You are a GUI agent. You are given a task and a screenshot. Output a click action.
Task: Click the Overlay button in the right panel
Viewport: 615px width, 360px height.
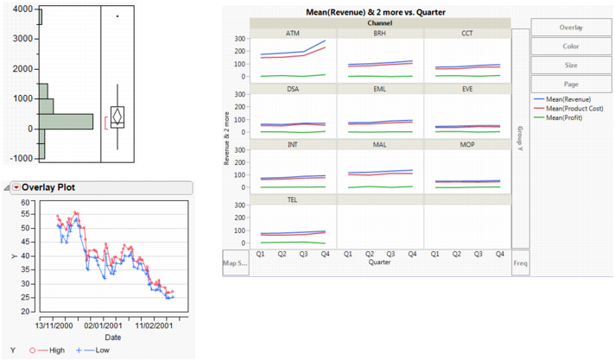click(x=571, y=27)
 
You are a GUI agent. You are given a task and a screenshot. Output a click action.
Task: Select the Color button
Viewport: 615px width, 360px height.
click(x=571, y=46)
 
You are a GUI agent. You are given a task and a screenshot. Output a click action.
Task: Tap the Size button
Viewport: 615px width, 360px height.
click(x=571, y=65)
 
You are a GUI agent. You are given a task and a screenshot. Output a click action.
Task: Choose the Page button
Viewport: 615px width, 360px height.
click(x=571, y=84)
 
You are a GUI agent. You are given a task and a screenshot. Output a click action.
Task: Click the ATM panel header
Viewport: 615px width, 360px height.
click(x=293, y=33)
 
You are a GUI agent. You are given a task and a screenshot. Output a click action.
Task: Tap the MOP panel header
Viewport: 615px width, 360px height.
click(x=466, y=145)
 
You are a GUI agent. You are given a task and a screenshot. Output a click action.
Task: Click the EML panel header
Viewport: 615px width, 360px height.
click(x=380, y=89)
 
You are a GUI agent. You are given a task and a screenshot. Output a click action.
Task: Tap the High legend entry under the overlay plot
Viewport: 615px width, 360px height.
click(x=49, y=350)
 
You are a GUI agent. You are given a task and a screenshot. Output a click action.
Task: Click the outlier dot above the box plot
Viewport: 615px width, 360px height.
click(x=117, y=16)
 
